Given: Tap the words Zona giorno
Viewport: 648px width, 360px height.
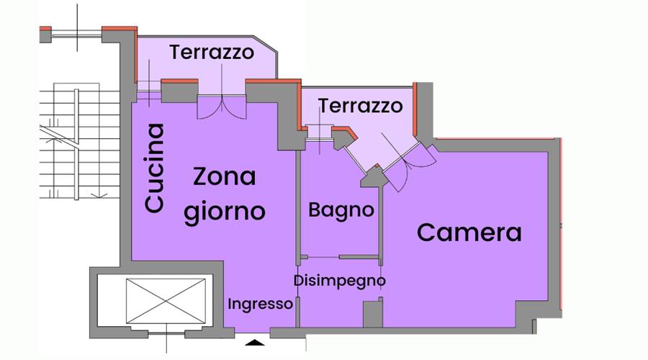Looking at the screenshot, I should click(224, 194).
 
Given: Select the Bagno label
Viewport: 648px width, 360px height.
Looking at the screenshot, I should click(341, 210).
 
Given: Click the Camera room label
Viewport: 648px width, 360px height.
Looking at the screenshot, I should click(469, 233).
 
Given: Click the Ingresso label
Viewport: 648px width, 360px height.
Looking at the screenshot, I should click(260, 304).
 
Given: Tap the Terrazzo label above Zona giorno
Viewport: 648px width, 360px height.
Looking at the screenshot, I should click(212, 53).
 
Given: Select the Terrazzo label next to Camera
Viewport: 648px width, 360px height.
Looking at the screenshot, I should click(361, 106).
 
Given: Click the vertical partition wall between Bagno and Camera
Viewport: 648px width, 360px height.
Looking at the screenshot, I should click(379, 216).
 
